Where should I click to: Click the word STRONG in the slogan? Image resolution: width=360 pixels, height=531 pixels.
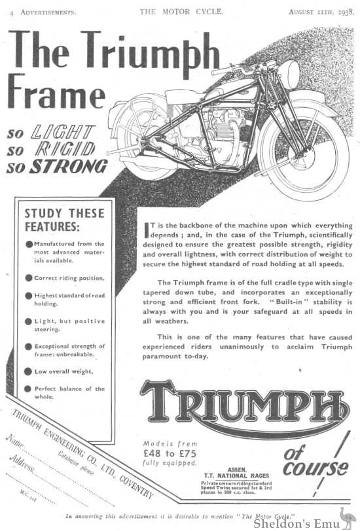point(71,166)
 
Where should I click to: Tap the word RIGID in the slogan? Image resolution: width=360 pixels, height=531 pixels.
point(65,149)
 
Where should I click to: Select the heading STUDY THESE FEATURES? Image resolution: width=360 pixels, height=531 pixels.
point(63,219)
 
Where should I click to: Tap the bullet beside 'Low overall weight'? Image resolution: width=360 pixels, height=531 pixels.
point(29,371)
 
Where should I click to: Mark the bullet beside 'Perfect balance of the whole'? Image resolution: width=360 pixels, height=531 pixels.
point(29,389)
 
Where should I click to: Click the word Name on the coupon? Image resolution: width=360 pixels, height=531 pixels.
point(18,445)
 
